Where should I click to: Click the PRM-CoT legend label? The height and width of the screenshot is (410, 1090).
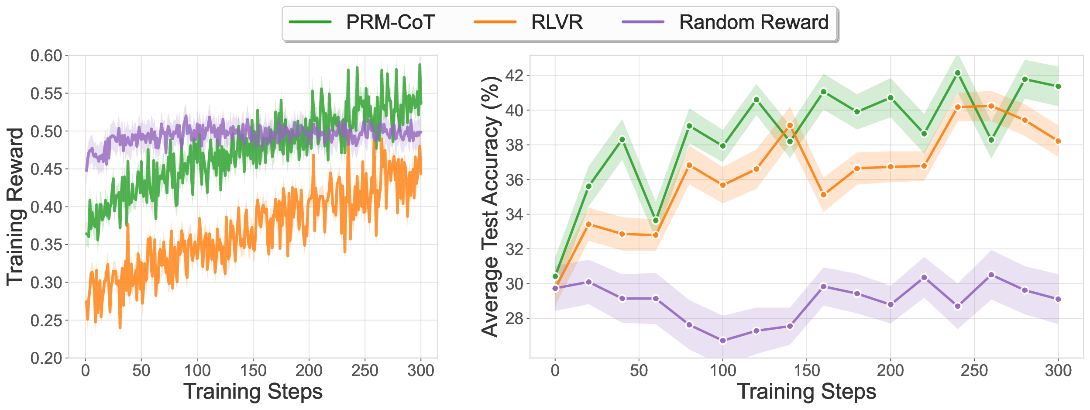pos(390,22)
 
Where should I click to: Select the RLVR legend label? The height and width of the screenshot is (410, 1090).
pos(557,22)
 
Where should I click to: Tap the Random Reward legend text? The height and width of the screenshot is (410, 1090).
pos(753,22)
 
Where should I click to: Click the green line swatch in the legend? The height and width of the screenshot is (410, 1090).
pos(310,22)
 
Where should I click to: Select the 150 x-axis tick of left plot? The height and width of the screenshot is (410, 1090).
pos(253,371)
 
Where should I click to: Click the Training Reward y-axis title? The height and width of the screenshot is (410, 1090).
pos(15,207)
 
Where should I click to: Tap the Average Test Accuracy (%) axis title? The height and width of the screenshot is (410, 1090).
pos(490,207)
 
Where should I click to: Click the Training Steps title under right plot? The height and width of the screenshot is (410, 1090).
pos(806,391)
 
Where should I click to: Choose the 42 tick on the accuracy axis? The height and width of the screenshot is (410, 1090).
pos(514,76)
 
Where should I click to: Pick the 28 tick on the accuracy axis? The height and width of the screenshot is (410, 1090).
pos(514,318)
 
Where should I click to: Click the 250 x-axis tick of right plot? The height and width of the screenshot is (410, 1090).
pos(974,371)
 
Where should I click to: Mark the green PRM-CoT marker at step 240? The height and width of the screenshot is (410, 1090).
pos(957,73)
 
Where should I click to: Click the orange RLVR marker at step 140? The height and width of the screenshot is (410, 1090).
pos(790,125)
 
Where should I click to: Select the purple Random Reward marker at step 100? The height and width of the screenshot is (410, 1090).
pos(723,341)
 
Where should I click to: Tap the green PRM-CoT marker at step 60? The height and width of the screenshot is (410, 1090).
pos(656,221)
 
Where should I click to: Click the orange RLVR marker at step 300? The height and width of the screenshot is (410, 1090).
pos(1058,141)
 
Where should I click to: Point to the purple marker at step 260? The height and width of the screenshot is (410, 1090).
pos(991,275)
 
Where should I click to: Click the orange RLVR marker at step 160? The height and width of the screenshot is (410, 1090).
pos(823,195)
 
